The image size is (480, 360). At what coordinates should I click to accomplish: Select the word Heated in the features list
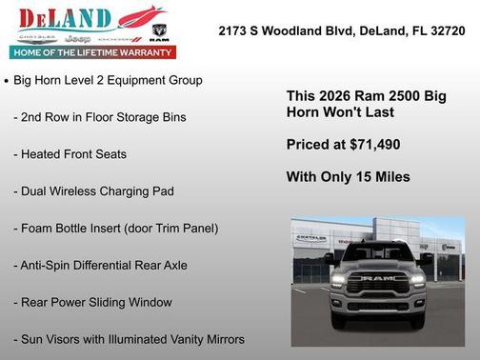pos(44,154)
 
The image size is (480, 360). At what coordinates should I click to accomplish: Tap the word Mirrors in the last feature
pos(221,340)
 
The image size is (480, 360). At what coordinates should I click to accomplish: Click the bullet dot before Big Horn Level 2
pos(8,82)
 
